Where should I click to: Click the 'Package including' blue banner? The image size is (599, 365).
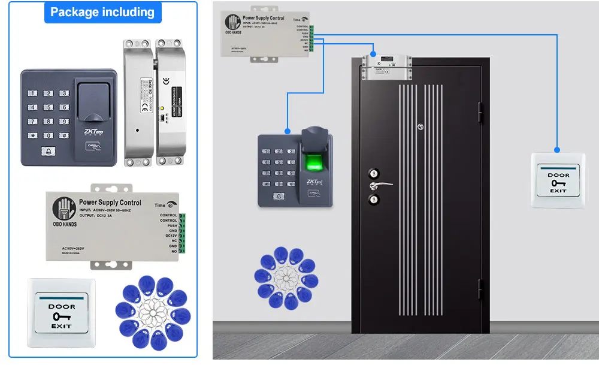(x=102, y=12)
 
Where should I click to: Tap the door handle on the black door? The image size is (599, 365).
(x=382, y=184)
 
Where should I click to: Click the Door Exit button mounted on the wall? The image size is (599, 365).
(x=558, y=180)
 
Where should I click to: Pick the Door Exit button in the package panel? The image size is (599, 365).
(x=61, y=312)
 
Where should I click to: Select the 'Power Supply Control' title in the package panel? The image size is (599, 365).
(x=110, y=203)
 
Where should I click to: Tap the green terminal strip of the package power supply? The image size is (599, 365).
(x=182, y=234)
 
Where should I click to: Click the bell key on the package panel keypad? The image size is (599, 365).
(x=47, y=152)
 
